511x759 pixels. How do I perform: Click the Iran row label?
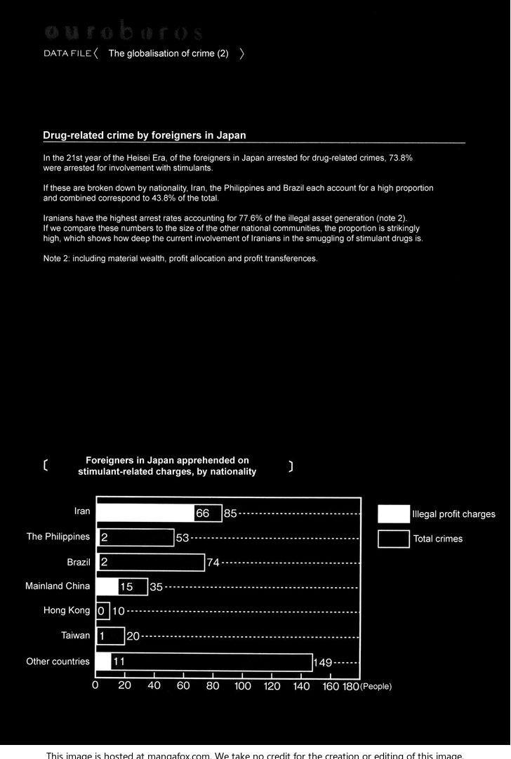82,511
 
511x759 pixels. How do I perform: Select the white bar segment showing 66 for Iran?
145,513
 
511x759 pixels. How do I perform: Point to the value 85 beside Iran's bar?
230,513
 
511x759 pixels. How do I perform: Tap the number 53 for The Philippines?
182,538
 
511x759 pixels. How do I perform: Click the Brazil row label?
79,562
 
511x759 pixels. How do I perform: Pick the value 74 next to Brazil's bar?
213,563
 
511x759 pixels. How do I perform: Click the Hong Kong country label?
67,610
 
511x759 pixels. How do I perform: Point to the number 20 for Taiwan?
133,636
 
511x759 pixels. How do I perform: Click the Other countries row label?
58,661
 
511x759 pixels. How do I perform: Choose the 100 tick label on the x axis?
242,686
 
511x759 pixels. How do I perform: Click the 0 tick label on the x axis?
95,686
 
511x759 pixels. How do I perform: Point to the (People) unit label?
376,687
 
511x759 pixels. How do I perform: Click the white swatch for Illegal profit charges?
393,514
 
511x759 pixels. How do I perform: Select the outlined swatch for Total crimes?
393,539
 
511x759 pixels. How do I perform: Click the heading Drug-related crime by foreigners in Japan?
144,135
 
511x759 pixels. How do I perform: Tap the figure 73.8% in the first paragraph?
400,159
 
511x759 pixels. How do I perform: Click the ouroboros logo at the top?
124,32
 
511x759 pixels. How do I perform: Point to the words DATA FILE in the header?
67,53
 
